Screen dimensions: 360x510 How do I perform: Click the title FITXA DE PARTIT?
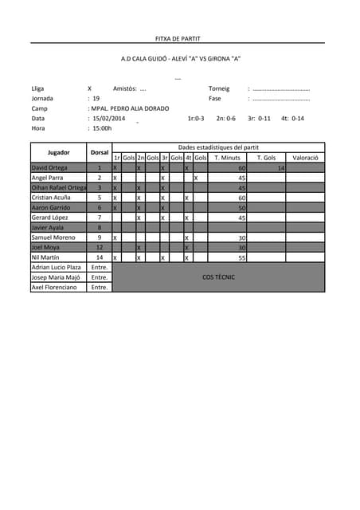tap(178, 38)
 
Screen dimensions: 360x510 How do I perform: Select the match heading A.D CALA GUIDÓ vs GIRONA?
tap(180, 59)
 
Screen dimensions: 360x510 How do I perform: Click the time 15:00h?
tap(102, 127)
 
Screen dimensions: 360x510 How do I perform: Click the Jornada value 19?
tap(96, 98)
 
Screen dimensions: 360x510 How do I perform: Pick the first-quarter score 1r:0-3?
tap(196, 118)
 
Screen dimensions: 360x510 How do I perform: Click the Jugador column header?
tap(59, 152)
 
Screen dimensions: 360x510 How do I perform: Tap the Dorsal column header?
tap(100, 152)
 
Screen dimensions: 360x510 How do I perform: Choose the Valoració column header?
tap(305, 158)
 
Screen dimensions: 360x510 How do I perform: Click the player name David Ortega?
tap(49, 168)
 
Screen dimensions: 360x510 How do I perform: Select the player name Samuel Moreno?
tap(53, 237)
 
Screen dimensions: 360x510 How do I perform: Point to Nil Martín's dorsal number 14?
tap(100, 257)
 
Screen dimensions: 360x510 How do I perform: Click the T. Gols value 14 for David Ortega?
tap(280, 168)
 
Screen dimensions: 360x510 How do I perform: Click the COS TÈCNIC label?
tap(218, 277)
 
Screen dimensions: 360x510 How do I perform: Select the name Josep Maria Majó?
tap(56, 277)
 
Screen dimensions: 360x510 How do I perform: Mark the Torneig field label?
tap(219, 88)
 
